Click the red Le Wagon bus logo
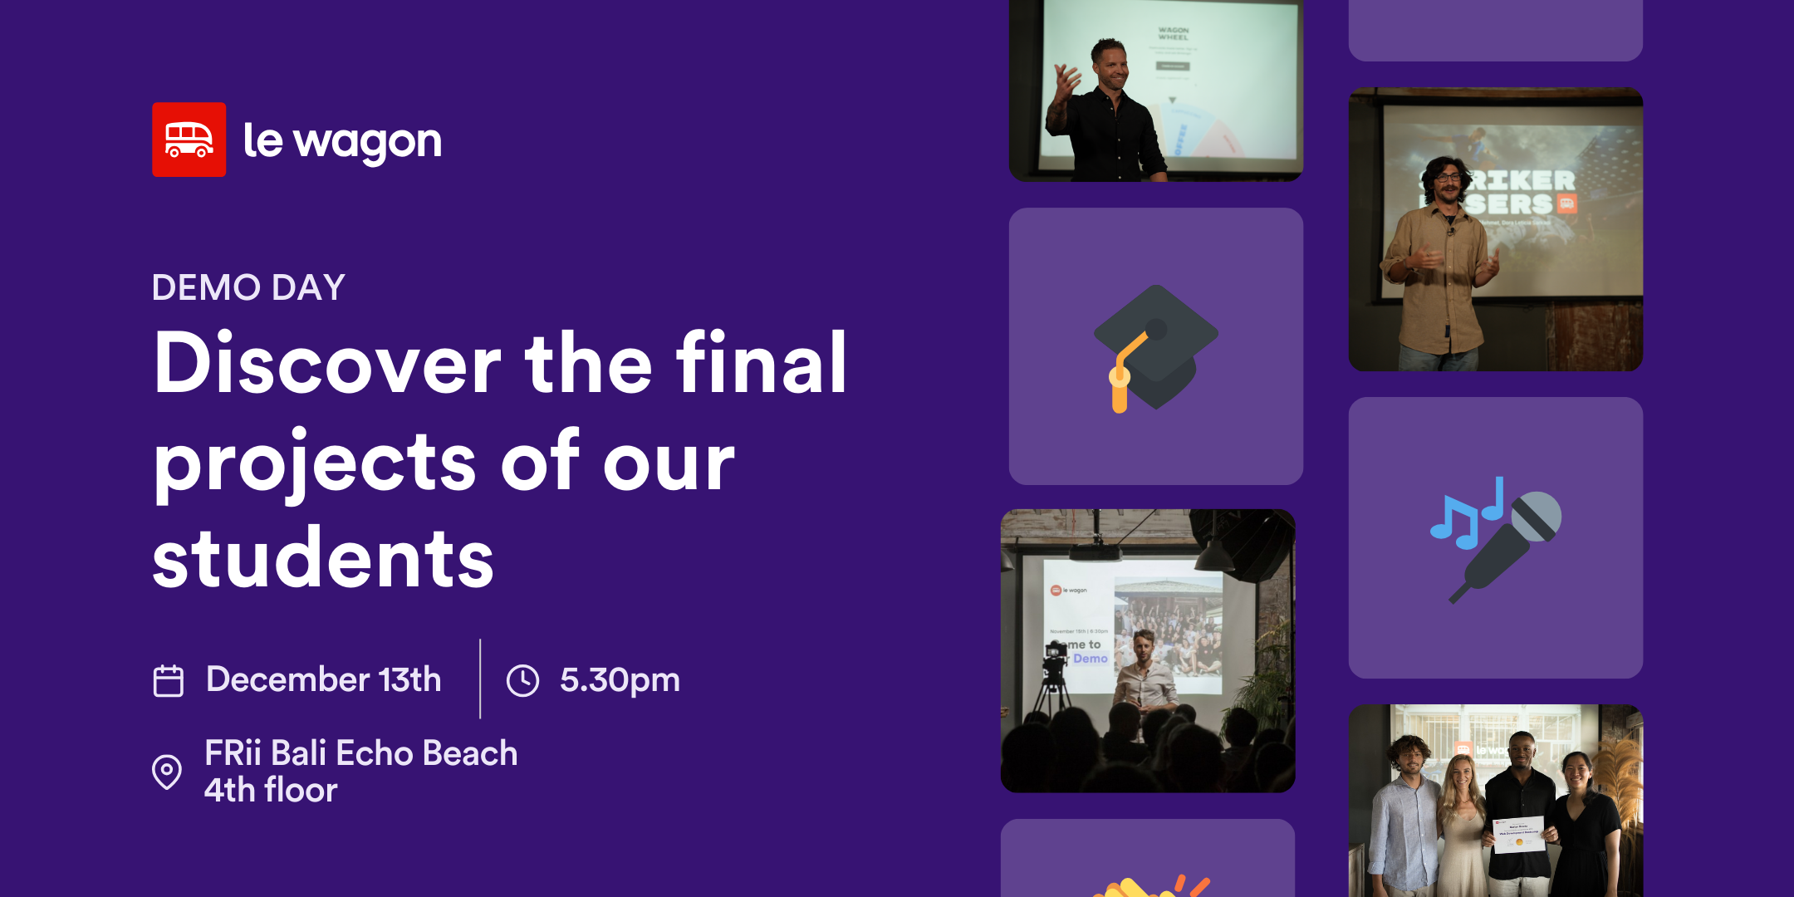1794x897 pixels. pos(189,140)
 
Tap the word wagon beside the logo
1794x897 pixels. pos(368,143)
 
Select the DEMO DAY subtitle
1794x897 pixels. pos(248,287)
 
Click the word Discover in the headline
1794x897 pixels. pos(327,364)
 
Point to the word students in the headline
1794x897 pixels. pos(323,559)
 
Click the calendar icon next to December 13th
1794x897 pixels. pos(169,680)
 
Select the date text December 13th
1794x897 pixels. pos(323,679)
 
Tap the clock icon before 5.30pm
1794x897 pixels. pos(522,680)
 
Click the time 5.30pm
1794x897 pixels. pos(620,680)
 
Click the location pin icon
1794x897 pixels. pos(167,772)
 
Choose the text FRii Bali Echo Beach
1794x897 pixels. pos(360,753)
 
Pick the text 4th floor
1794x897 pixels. pos(271,790)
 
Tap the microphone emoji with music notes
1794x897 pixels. pos(1496,538)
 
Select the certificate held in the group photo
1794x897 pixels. pos(1519,834)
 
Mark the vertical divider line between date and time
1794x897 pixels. pos(480,679)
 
